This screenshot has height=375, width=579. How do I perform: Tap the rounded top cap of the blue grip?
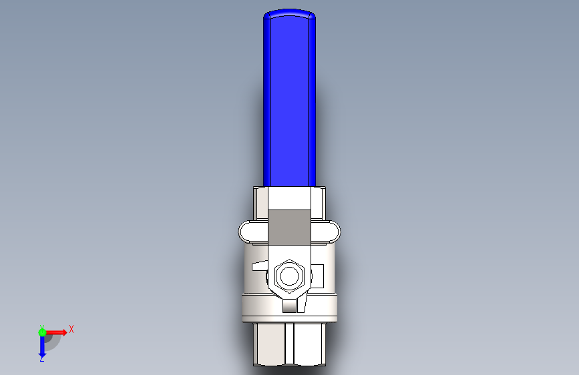click(x=290, y=13)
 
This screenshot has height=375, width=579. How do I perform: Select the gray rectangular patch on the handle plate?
click(x=289, y=228)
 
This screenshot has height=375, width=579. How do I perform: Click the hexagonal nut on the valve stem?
click(x=290, y=276)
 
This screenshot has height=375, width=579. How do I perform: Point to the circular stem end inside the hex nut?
click(x=290, y=276)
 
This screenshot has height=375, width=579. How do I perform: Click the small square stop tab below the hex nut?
click(x=290, y=306)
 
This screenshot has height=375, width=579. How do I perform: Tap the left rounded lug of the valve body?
click(x=253, y=232)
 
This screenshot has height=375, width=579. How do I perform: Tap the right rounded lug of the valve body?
click(x=325, y=232)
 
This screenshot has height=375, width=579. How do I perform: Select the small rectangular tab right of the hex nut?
click(x=318, y=276)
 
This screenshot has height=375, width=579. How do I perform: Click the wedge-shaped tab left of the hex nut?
click(x=260, y=266)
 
